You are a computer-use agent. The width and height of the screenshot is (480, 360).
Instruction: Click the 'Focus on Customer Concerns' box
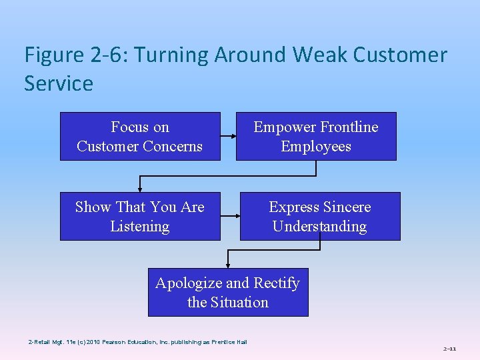(140, 136)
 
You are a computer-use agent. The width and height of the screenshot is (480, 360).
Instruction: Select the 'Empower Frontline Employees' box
(316, 136)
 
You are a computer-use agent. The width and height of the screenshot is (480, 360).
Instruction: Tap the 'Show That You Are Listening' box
(140, 216)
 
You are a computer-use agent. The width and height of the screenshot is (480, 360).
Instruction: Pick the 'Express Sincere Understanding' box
(320, 216)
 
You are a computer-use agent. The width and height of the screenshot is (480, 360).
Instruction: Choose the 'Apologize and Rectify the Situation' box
(228, 292)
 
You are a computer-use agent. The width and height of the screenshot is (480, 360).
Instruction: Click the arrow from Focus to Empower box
(228, 136)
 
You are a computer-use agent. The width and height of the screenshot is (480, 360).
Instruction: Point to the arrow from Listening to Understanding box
(230, 216)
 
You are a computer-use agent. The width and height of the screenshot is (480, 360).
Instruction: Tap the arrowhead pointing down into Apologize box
(228, 265)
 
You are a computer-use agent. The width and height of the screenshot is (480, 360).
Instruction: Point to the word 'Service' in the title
(59, 84)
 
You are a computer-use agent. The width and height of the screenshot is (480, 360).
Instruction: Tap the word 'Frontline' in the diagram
(347, 127)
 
